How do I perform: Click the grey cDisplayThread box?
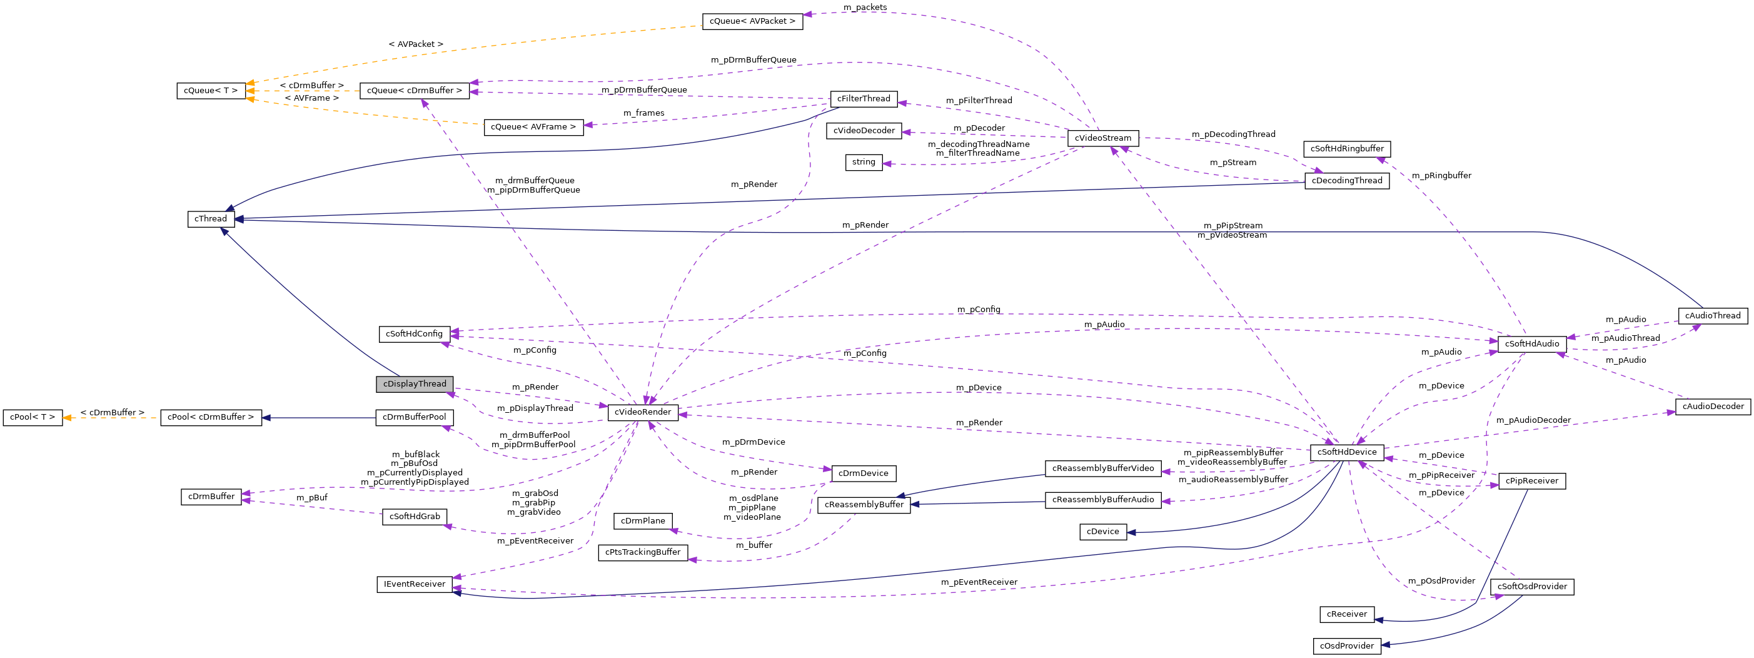click(x=414, y=384)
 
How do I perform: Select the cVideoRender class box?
click(x=642, y=412)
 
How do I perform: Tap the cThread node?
click(x=210, y=219)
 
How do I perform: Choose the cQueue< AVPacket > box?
click(x=752, y=21)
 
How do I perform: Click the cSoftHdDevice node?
click(x=1346, y=452)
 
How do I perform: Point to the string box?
click(x=864, y=162)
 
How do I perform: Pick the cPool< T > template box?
click(x=32, y=417)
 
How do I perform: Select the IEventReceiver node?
click(x=414, y=584)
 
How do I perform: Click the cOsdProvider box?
click(x=1346, y=645)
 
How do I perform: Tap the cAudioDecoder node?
click(x=1713, y=407)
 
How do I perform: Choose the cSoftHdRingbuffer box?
click(x=1346, y=148)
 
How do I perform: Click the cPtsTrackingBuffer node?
click(x=642, y=552)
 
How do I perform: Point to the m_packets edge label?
click(x=865, y=8)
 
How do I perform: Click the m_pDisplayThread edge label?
click(x=535, y=408)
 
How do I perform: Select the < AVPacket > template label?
click(x=415, y=44)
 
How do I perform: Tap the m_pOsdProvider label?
click(x=1441, y=581)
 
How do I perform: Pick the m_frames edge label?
click(x=643, y=113)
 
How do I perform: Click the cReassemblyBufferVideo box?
click(x=1102, y=468)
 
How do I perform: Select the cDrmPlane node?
click(x=642, y=521)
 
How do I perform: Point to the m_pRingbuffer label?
click(x=1441, y=176)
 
